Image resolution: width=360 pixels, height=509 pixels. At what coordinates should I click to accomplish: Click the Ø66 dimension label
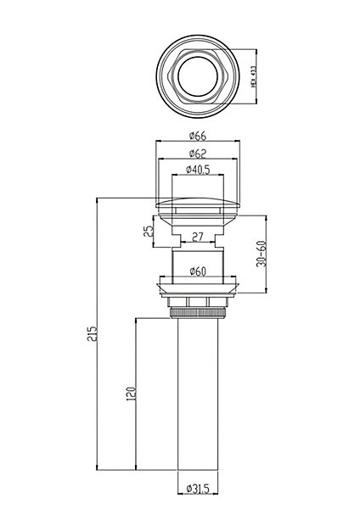pos(198,136)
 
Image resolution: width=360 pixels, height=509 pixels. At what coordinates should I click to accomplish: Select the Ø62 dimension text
pos(198,154)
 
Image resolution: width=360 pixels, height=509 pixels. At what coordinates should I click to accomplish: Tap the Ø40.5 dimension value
pos(198,169)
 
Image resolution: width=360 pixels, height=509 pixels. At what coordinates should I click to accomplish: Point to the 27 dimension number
pos(198,237)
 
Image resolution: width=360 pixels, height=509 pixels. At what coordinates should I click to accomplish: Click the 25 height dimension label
pos(148,231)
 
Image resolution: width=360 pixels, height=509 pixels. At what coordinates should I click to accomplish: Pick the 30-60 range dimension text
pos(262,254)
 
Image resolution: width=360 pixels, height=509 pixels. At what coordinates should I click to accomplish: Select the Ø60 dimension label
pos(198,271)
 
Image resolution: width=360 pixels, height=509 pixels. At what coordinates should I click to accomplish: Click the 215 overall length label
pos(93,334)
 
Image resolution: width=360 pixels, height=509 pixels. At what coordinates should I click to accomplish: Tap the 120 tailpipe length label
pos(130,394)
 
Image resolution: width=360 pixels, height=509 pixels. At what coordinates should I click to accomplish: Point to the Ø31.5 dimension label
pos(198,498)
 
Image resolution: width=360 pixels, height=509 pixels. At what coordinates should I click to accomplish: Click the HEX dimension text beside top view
pos(254,76)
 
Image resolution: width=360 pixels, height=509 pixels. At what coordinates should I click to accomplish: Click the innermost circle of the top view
pos(198,76)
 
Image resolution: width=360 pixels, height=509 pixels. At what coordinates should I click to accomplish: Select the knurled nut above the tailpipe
pos(198,313)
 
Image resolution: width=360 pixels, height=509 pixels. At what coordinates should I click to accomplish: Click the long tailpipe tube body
pos(198,394)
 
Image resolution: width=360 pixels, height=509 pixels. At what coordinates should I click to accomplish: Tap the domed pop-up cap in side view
pos(198,203)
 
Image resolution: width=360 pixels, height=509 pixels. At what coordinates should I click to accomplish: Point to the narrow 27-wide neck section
pos(198,241)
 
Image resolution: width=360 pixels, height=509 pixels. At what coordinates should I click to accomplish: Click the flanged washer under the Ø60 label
pos(198,288)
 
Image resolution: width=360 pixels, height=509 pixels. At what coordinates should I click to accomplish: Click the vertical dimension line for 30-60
pos(266,254)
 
